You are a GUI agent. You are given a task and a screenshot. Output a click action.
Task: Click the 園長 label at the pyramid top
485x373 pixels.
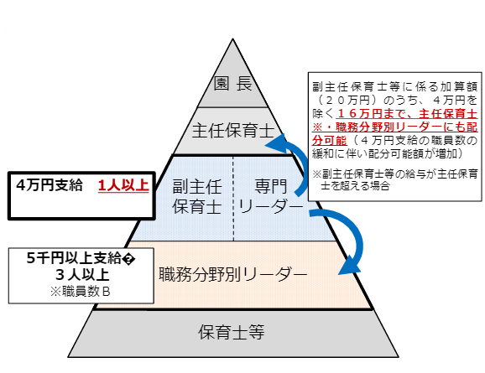233,85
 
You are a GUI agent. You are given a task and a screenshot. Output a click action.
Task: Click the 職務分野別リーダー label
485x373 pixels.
232,273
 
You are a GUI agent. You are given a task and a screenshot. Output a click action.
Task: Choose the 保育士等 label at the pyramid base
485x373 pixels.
232,331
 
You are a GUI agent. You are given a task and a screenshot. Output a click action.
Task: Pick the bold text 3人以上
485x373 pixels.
81,275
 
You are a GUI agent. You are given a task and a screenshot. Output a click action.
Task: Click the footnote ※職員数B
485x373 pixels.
81,290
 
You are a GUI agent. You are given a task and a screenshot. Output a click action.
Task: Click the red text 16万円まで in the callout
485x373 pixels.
378,111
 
